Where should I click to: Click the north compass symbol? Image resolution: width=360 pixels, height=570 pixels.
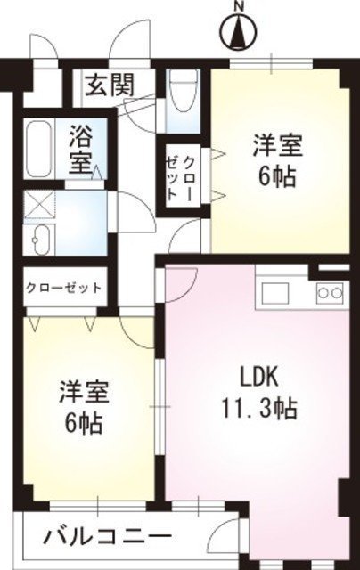click(x=239, y=32)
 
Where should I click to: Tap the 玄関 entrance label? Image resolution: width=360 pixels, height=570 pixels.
click(x=110, y=85)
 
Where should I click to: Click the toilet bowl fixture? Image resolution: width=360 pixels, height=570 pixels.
click(x=184, y=90)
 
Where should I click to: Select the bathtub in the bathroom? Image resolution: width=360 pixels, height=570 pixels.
click(x=39, y=149)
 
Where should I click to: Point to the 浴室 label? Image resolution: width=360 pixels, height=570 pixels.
click(x=81, y=150)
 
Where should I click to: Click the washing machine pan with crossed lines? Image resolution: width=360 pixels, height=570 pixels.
click(x=39, y=205)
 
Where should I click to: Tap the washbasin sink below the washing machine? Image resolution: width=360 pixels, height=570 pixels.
click(x=39, y=240)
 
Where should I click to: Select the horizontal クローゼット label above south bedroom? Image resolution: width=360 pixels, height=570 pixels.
click(x=63, y=288)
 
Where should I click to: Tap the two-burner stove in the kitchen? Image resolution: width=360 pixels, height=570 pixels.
click(x=330, y=291)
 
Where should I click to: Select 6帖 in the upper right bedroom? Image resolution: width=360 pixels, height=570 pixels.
click(x=276, y=176)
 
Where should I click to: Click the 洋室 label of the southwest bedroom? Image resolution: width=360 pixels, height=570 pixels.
click(x=84, y=392)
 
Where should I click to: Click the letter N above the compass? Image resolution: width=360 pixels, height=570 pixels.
click(x=239, y=6)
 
